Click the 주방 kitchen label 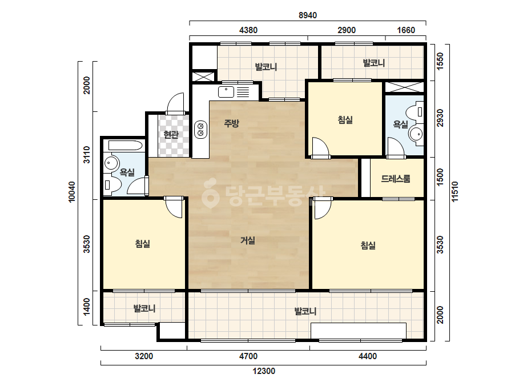tap(232, 123)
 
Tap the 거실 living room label tap(248, 240)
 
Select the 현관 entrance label tap(171, 135)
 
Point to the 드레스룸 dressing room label tap(396, 179)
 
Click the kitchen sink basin tap(226, 92)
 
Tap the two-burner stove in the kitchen tap(200, 130)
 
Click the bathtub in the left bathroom tap(123, 146)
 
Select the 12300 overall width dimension tap(264, 371)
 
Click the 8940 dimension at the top tap(308, 15)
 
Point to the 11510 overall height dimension tap(454, 192)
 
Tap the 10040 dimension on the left tap(72, 192)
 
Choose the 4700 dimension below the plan tap(248, 356)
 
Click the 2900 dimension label tap(347, 30)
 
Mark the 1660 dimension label tap(406, 30)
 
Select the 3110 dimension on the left tap(87, 155)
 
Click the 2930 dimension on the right tap(440, 118)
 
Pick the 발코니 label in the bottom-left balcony tap(144, 308)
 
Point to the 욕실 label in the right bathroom tap(401, 124)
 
